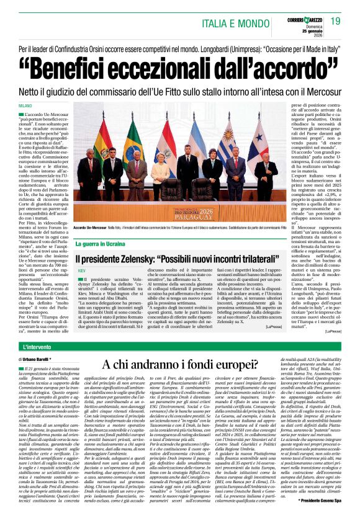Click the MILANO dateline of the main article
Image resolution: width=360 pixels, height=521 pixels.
24,107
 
